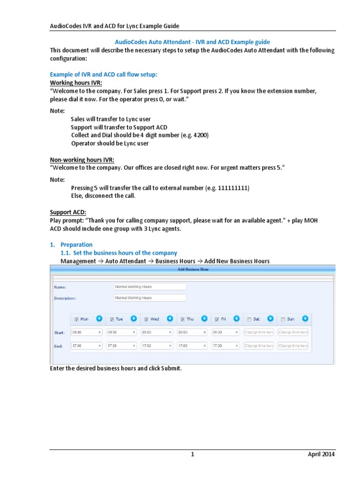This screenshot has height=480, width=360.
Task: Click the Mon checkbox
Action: coord(76,319)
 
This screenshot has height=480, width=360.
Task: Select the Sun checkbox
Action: coord(283,319)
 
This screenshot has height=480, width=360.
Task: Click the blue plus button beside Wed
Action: coord(169,319)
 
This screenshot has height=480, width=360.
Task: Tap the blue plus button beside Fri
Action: coord(236,319)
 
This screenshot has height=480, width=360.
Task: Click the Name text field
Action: coord(150,286)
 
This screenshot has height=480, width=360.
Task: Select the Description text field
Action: coord(150,298)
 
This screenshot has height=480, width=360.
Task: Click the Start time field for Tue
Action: coord(122,332)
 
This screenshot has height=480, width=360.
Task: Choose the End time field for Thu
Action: coord(192,346)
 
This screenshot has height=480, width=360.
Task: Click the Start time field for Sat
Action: coord(258,332)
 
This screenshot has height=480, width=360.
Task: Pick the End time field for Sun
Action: coord(293,346)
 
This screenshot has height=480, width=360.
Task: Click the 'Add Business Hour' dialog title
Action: coord(193,269)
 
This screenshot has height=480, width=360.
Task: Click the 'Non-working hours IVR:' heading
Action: coord(82,159)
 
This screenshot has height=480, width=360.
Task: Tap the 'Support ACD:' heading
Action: coord(68,212)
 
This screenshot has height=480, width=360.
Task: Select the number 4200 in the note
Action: coord(198,135)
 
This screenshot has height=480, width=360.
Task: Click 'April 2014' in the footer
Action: coord(321,454)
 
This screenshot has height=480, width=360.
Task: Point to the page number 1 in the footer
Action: coord(192,454)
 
